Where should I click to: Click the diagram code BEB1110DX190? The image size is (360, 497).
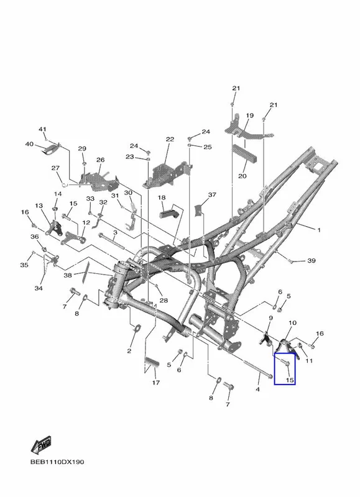57,462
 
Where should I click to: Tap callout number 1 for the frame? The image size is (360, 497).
319,230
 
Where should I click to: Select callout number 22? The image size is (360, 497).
170,139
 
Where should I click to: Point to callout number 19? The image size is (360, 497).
249,116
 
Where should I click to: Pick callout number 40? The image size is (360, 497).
29,144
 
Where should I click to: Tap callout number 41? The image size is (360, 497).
42,129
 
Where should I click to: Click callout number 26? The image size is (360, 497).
101,160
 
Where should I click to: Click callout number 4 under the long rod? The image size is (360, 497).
257,389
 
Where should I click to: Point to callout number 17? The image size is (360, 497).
155,383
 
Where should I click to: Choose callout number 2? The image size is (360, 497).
129,350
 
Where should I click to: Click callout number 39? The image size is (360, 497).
312,260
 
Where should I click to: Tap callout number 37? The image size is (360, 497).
212,194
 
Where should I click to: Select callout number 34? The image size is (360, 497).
39,288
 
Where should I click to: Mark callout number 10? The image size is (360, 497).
292,322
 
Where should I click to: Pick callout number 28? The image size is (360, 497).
164,300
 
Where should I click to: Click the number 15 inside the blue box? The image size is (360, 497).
290,380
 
